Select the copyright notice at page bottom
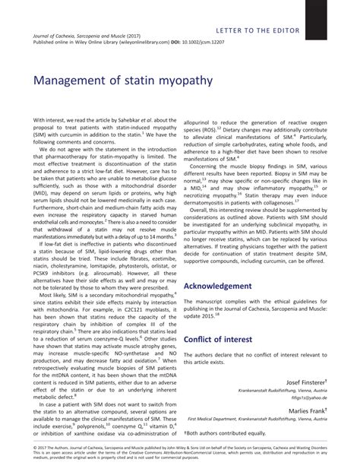(179, 461)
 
